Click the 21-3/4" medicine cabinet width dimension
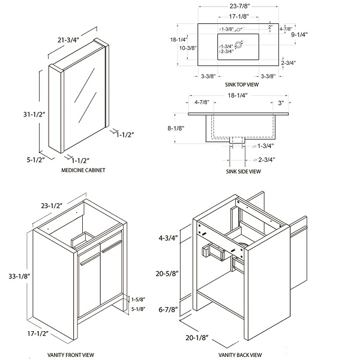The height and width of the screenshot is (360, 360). tap(68, 40)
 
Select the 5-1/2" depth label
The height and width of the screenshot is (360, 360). tap(35, 160)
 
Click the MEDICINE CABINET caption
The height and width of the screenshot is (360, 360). tap(83, 170)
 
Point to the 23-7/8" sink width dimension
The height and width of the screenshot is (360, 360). tap(239, 6)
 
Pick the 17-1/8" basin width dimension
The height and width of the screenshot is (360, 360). tap(239, 17)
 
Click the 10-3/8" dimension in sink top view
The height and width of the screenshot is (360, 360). tap(188, 48)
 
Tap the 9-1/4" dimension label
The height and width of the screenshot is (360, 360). tap(299, 35)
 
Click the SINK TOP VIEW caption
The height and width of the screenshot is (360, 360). tap(242, 85)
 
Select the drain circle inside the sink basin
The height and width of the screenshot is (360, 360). tap(239, 44)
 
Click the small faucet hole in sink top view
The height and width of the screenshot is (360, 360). tap(238, 29)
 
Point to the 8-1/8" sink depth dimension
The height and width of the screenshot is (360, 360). tap(176, 128)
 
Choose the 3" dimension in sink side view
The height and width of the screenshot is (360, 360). tap(281, 103)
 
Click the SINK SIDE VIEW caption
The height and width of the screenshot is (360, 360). tap(244, 171)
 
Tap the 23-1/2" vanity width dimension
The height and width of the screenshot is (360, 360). tap(52, 206)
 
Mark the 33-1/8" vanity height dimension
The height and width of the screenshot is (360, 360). tap(20, 276)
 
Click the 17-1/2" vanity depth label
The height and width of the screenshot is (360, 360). tap(38, 334)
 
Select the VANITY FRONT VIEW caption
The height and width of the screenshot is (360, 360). tap(71, 355)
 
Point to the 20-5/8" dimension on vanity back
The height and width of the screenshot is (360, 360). tap(167, 274)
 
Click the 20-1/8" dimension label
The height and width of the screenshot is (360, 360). tap(197, 338)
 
